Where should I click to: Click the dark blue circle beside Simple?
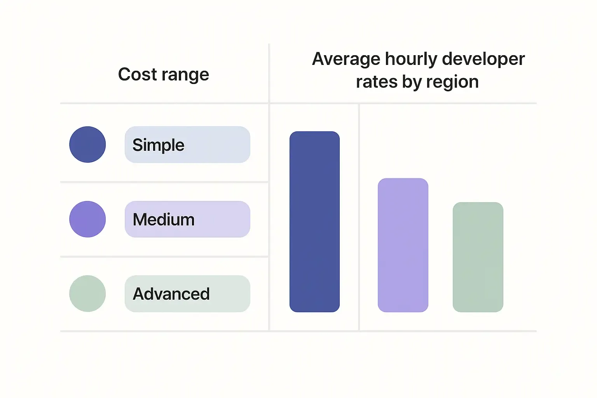[x=87, y=145]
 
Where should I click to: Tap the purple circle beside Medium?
[x=87, y=219]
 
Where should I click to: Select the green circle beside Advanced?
[x=87, y=293]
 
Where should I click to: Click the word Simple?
[x=158, y=145]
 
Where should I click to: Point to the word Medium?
[x=164, y=220]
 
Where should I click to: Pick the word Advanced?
[x=171, y=294]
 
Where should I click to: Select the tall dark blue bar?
[x=314, y=222]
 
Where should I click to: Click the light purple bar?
[x=403, y=245]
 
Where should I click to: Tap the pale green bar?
[x=478, y=257]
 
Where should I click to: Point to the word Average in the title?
[x=346, y=59]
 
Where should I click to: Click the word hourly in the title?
[x=411, y=59]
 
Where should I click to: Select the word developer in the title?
[x=483, y=59]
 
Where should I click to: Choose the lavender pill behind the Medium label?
[x=225, y=219]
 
